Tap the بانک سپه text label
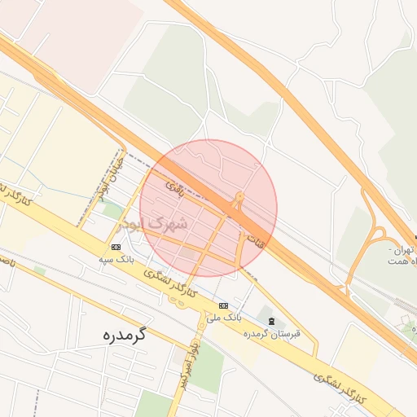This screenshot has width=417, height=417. (116, 259)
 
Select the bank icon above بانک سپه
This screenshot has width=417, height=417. (116, 247)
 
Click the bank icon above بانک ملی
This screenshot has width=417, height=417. (222, 304)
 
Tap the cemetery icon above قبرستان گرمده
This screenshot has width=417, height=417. (271, 321)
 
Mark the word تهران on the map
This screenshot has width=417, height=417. (402, 248)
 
